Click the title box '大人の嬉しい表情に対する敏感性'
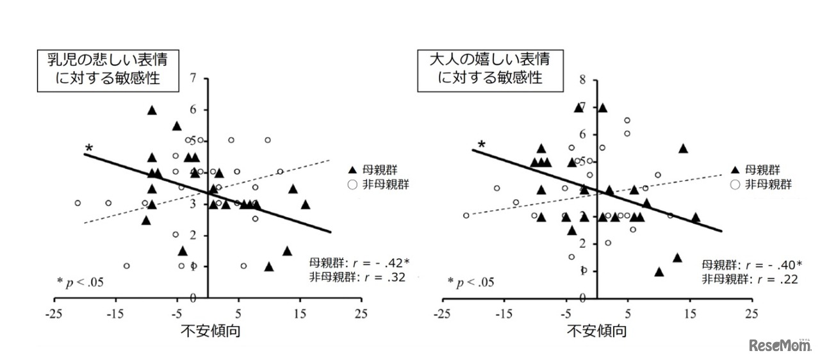[x=490, y=69]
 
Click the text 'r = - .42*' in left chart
[x=381, y=263]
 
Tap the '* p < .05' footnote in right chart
[x=470, y=281]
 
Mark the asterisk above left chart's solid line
[x=89, y=149]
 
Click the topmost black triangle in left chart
[x=152, y=110]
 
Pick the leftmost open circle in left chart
[x=78, y=203]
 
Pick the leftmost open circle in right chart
[x=466, y=215]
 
